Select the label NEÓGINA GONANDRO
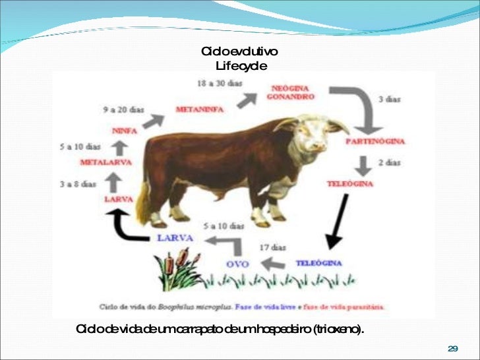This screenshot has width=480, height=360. (x=290, y=92)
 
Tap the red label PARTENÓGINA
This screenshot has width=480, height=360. (x=375, y=141)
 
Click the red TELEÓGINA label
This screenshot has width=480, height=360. (x=350, y=184)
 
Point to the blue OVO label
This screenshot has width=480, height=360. (x=237, y=264)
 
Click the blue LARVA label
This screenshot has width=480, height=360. (x=175, y=237)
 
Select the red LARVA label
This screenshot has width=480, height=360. (x=119, y=198)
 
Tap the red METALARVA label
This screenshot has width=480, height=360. (x=105, y=162)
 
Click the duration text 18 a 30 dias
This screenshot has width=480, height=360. (x=220, y=84)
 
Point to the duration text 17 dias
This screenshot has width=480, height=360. (x=273, y=247)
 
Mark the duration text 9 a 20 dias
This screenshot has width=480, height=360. (x=124, y=110)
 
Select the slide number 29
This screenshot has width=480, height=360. (x=452, y=348)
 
